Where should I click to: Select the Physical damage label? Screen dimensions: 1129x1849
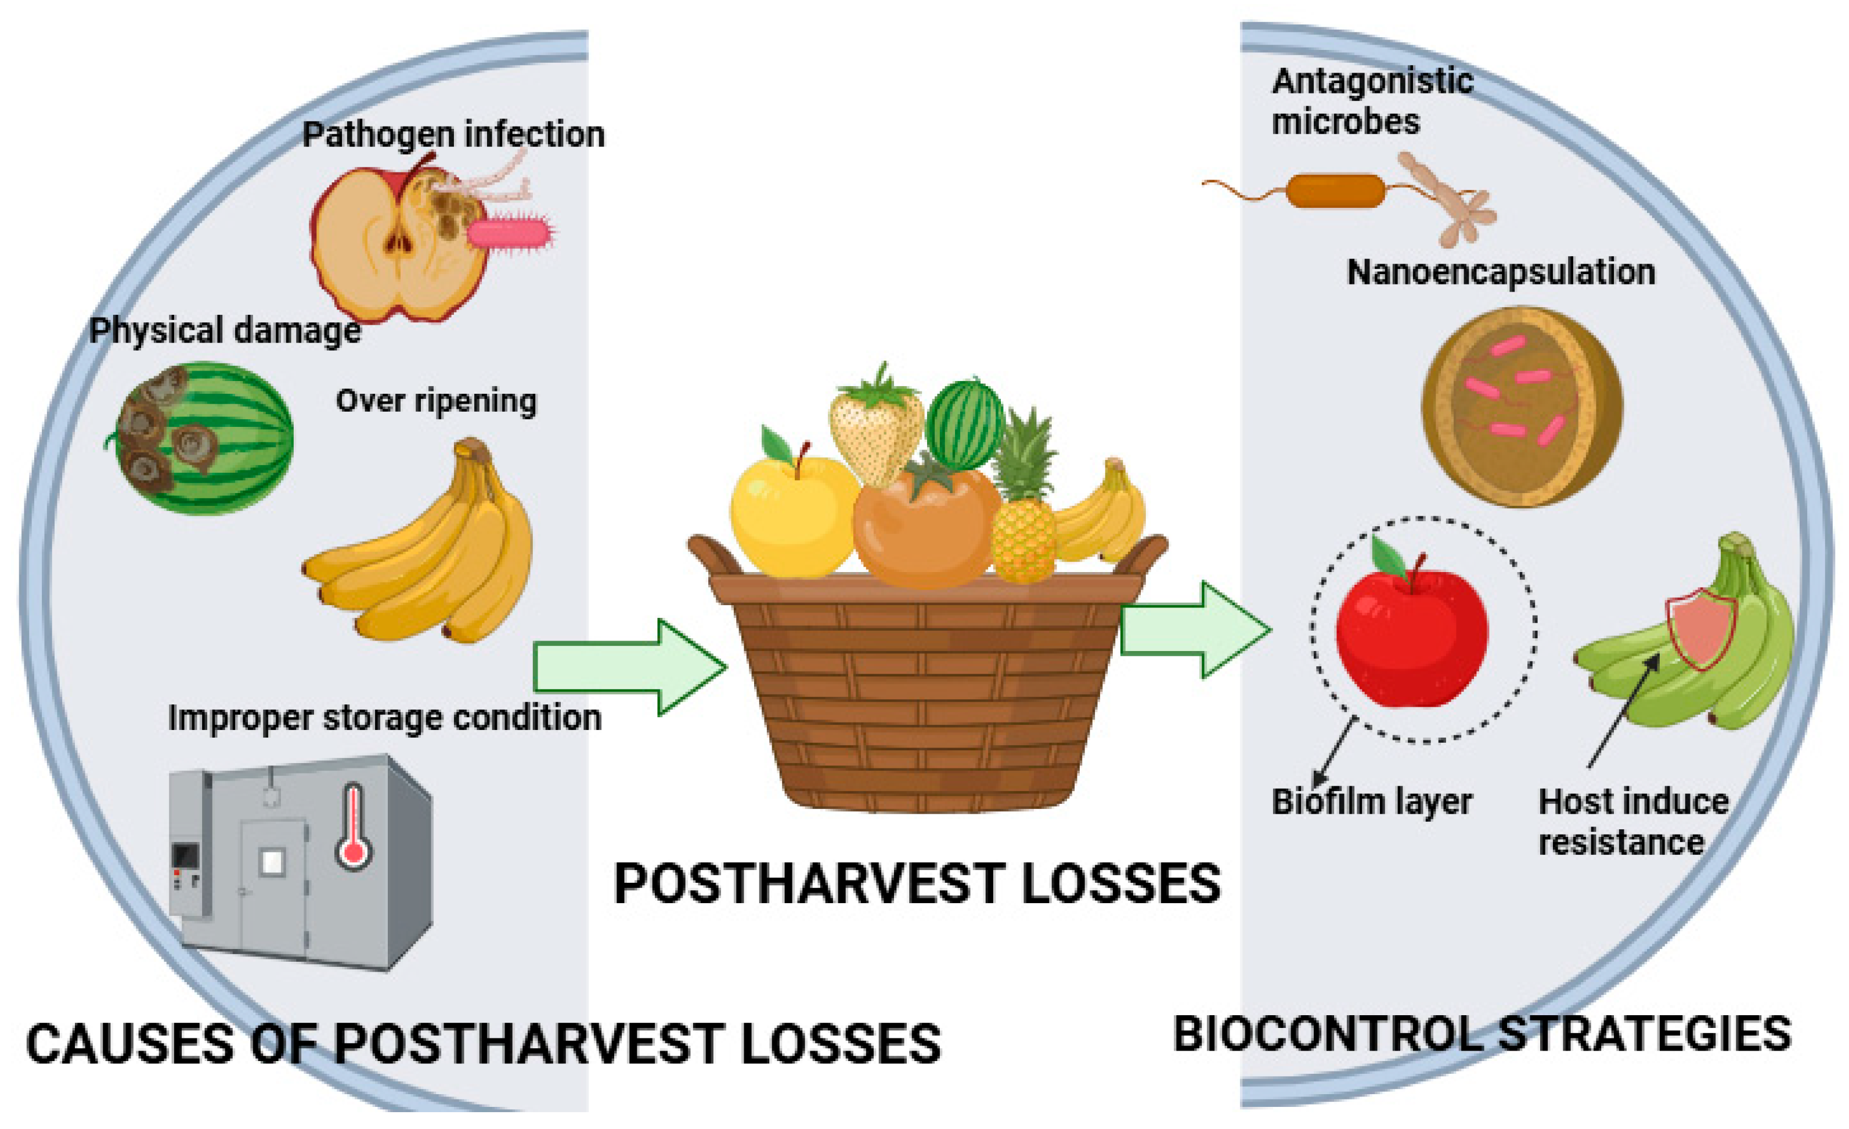(x=225, y=330)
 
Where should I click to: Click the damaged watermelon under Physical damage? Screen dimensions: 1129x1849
(x=204, y=438)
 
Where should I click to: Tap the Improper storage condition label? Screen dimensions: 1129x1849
(x=384, y=718)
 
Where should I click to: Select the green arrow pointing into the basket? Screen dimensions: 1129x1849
(x=629, y=667)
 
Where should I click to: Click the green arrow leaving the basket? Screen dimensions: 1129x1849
(x=1195, y=629)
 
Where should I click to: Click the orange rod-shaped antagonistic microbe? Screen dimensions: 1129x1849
(x=1336, y=190)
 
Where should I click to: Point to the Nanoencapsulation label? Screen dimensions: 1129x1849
(x=1501, y=272)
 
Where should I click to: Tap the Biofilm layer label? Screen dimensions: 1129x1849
(x=1371, y=801)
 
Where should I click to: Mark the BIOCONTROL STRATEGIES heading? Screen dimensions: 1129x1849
(x=1482, y=1034)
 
